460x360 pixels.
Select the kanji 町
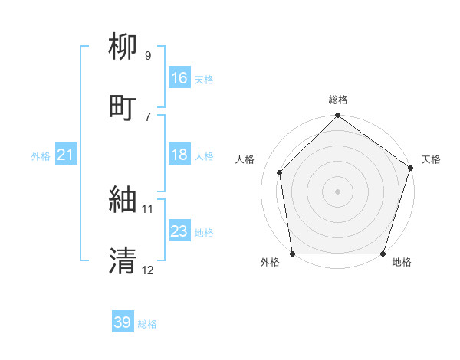pos(124,107)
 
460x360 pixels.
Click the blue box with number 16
pos(179,78)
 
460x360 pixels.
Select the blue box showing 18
pos(179,155)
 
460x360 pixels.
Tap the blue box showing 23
pos(179,231)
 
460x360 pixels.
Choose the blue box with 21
pos(66,155)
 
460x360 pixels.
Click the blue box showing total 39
pos(122,322)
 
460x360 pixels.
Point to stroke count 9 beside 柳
pos(148,56)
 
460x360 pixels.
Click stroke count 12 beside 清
pos(147,270)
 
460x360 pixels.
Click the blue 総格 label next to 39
pos(147,324)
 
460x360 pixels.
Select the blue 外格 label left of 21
pos(41,156)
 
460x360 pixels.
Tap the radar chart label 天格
pos(431,159)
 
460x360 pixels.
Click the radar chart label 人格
pos(245,159)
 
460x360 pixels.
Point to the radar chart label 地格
pos(402,262)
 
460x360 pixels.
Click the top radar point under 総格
pos(337,116)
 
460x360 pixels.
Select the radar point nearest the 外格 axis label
pos(292,254)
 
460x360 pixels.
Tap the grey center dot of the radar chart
pos(337,191)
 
